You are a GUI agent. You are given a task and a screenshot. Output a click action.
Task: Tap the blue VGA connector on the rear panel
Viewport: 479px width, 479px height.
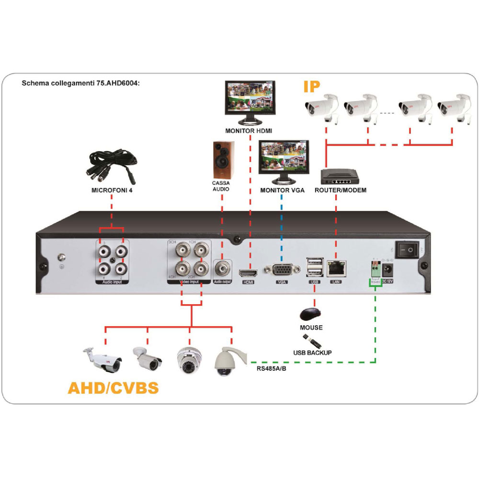[x=282, y=270]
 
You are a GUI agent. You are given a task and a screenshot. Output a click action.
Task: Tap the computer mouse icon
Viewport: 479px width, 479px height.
[x=310, y=314]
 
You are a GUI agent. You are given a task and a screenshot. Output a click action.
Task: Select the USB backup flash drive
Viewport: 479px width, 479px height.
[x=312, y=342]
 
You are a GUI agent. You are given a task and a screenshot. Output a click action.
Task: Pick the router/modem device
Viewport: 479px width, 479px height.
[x=341, y=177]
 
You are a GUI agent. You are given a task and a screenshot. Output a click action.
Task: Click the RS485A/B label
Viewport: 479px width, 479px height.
[x=271, y=369]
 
